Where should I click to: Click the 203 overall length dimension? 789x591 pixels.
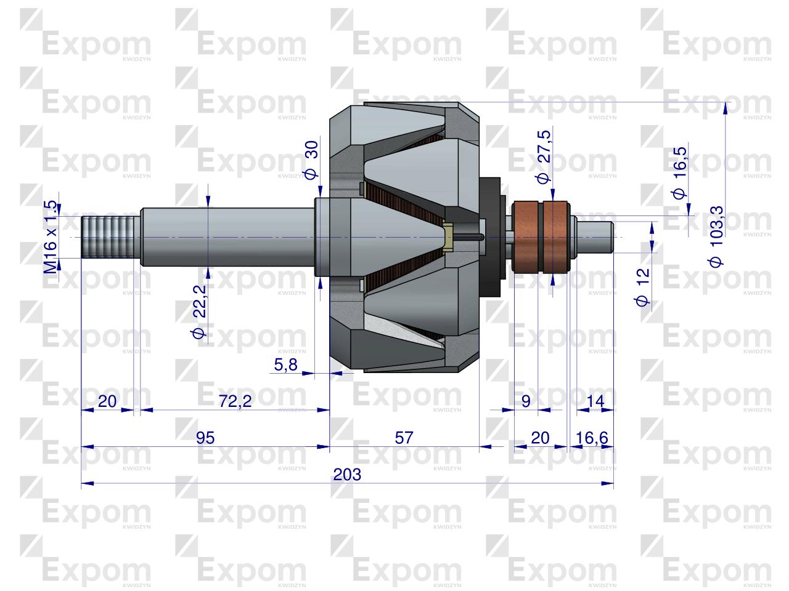(x=346, y=475)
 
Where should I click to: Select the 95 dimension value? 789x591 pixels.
(x=205, y=438)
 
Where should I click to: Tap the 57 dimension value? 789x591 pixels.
(x=404, y=438)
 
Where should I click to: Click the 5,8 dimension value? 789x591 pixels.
(x=285, y=365)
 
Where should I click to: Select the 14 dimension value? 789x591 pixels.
(x=595, y=401)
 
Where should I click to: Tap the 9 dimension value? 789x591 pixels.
(x=526, y=401)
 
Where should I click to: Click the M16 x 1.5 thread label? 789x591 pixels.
(x=51, y=236)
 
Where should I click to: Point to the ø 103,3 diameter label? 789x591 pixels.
(x=717, y=236)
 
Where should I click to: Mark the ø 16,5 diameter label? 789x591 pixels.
(x=680, y=173)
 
